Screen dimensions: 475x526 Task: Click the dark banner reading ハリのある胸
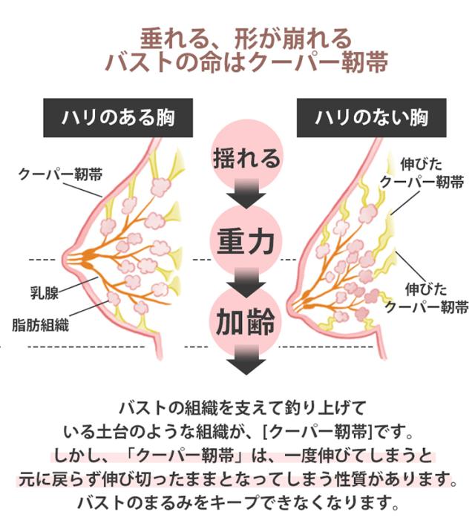coord(118,118)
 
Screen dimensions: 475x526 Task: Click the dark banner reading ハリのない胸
coord(371,118)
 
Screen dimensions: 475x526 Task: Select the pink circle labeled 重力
coord(246,240)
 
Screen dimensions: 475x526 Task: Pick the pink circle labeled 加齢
coord(246,322)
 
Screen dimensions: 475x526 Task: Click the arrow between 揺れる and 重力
coord(246,194)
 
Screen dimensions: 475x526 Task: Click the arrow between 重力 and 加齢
coord(246,283)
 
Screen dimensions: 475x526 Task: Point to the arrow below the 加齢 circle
coord(246,360)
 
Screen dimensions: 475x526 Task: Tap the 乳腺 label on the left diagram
coord(45,293)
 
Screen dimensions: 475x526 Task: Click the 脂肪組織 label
coord(41,325)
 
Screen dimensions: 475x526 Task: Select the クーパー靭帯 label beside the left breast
coord(60,174)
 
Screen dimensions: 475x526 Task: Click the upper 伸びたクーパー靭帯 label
coord(422,174)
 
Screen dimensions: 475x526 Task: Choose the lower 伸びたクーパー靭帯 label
coord(426,298)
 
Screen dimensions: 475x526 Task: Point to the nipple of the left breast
coord(65,260)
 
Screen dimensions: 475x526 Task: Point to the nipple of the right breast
coord(289,305)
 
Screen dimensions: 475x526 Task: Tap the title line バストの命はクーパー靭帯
coord(246,62)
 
